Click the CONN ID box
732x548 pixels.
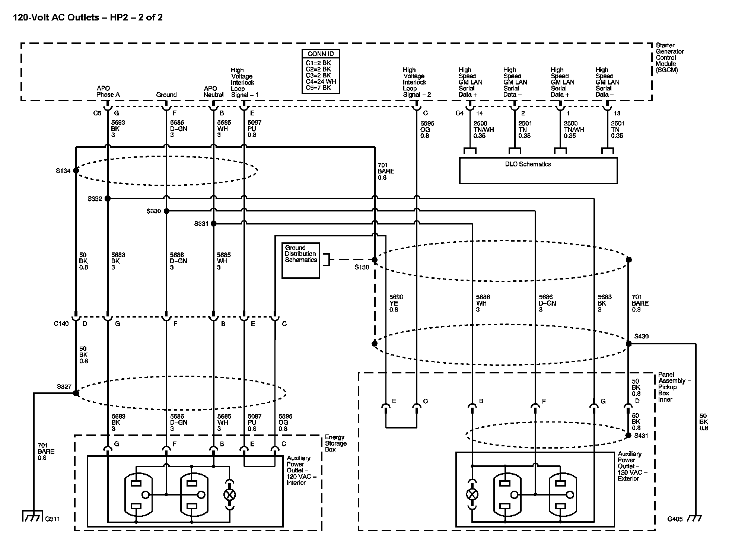(321, 71)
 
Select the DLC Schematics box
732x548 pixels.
(538, 171)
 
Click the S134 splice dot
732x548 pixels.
(76, 171)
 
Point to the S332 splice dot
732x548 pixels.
(108, 199)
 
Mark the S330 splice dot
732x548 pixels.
(166, 211)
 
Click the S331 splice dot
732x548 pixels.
(214, 224)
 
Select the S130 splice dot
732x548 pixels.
(375, 259)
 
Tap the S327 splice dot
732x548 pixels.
(76, 393)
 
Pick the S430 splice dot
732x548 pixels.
(628, 344)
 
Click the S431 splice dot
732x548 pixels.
(628, 435)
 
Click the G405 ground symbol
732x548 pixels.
(695, 518)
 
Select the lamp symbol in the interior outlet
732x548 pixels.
(230, 495)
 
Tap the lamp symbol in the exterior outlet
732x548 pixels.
(472, 495)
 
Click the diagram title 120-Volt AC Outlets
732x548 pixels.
(56, 17)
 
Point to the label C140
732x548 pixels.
(61, 324)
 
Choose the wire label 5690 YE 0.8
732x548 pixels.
(396, 303)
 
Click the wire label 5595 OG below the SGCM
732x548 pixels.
(427, 130)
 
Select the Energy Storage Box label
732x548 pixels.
(336, 443)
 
